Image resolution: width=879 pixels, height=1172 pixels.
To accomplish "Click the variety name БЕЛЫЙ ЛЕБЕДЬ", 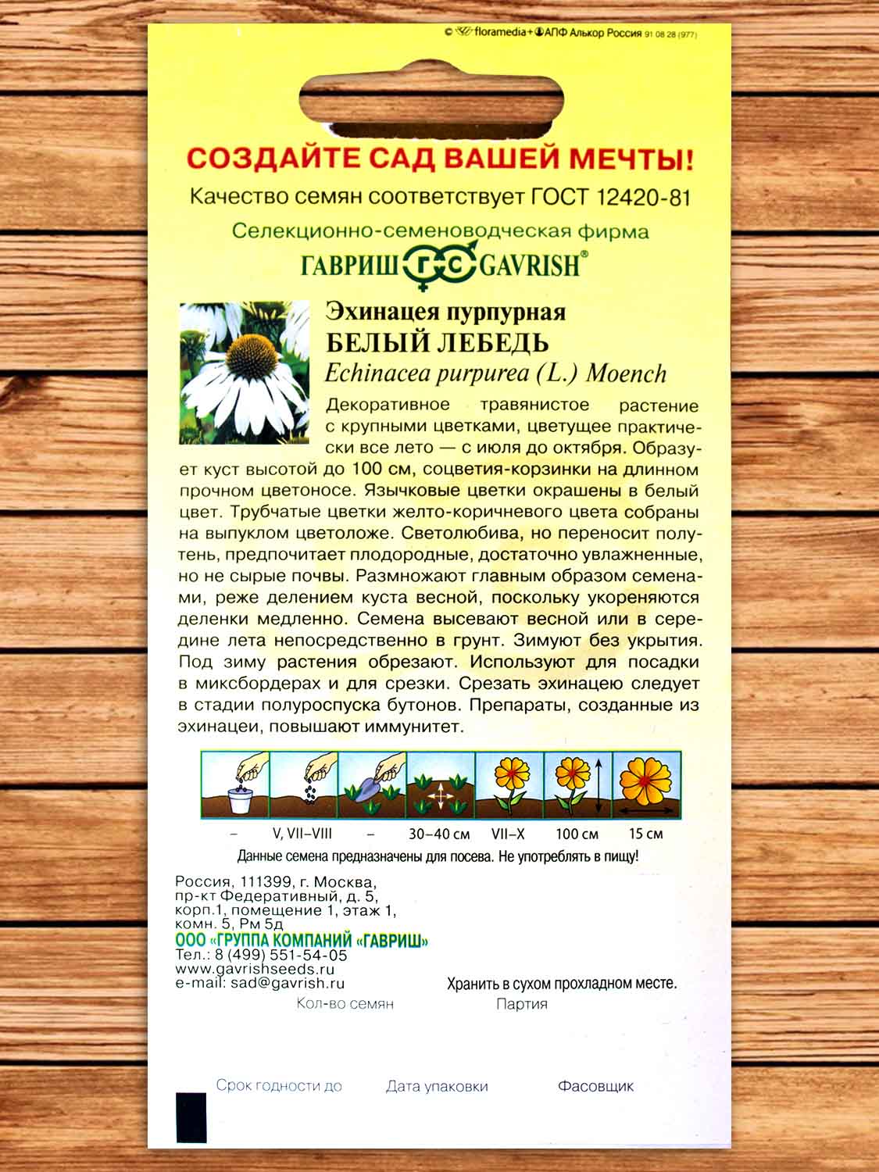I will pyautogui.click(x=437, y=342).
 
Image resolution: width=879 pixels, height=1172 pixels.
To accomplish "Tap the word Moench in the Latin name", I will pyautogui.click(x=626, y=373).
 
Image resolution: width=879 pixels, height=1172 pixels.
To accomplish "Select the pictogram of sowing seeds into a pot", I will pyautogui.click(x=235, y=784).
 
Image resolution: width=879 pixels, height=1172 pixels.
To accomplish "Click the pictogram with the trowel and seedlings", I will pyautogui.click(x=372, y=784).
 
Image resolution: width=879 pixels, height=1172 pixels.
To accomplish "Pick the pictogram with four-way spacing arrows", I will pyautogui.click(x=441, y=784).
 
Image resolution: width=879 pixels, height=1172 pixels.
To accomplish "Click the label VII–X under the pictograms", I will pyautogui.click(x=508, y=834).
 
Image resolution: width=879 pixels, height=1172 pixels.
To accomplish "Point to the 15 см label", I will pyautogui.click(x=645, y=834).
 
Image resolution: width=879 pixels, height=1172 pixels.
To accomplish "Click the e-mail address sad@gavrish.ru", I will pyautogui.click(x=286, y=984).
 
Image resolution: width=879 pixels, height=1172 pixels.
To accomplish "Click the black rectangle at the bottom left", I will pyautogui.click(x=191, y=1117).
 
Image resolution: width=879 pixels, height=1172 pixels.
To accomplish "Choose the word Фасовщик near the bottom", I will pyautogui.click(x=595, y=1086).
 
